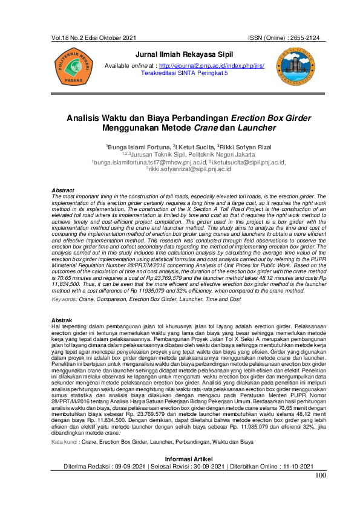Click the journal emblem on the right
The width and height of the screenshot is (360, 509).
(295, 66)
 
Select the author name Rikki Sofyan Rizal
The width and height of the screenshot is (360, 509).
(227, 147)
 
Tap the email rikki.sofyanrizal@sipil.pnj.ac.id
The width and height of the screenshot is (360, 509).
(189, 169)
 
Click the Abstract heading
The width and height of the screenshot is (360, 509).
(64, 190)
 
